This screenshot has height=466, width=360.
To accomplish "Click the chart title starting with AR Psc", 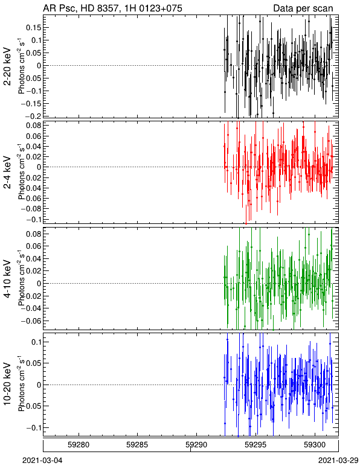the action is (113, 8).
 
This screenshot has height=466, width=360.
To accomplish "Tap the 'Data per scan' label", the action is (303, 8).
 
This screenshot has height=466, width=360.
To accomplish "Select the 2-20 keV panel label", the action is (7, 66).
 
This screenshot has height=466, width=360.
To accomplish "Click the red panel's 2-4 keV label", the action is (7, 173).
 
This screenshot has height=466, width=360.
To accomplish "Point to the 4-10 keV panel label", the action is (7, 279).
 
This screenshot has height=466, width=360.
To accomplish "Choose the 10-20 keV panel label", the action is (7, 384).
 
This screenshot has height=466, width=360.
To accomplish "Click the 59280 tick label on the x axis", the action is (79, 445).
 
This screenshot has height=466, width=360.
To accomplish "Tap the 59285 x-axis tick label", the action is (137, 445).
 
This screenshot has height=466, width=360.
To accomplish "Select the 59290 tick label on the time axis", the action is (196, 445).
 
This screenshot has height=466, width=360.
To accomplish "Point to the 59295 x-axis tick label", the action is (256, 445).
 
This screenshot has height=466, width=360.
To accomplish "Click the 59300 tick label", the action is (315, 445).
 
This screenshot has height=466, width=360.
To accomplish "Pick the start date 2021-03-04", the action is (42, 461).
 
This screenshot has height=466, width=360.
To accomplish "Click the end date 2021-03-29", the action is (339, 461).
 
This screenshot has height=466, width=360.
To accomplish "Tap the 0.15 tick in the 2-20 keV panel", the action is (34, 28).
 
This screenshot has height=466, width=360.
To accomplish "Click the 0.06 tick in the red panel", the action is (34, 136).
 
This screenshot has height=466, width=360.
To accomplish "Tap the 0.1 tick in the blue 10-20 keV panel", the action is (36, 342).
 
